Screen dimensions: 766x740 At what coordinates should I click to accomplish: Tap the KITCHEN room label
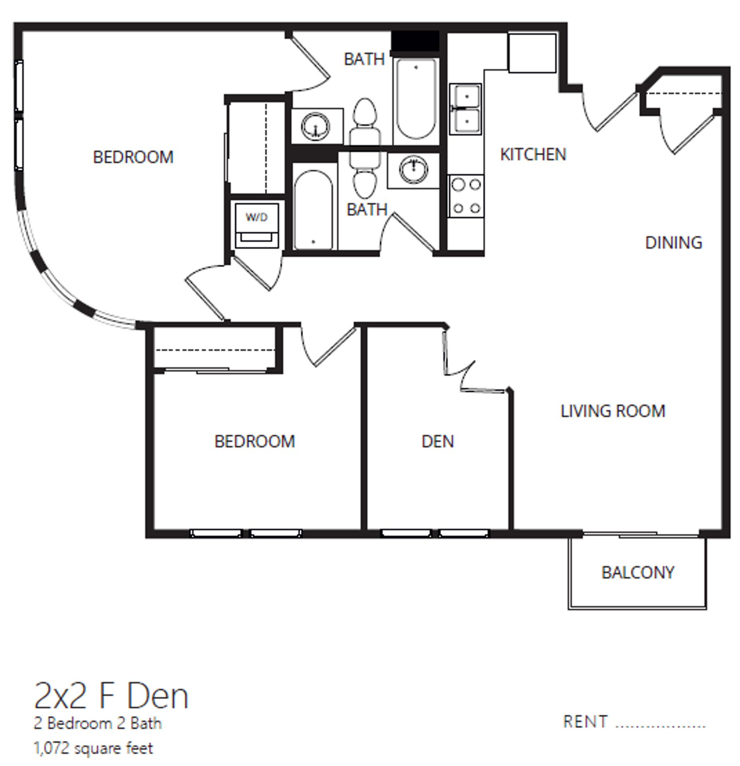[532, 155]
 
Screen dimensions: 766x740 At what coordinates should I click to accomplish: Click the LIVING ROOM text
[612, 411]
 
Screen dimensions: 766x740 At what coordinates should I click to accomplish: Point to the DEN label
[437, 442]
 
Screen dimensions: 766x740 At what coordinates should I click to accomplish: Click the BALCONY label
[637, 573]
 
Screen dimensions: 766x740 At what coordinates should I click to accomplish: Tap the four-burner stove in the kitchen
[466, 196]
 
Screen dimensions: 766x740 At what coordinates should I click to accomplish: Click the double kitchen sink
[465, 109]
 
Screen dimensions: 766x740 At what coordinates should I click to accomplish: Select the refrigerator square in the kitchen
[531, 53]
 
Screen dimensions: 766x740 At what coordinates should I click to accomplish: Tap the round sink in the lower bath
[414, 170]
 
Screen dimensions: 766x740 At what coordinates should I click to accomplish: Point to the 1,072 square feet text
[93, 748]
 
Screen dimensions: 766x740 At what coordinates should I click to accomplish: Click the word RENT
[585, 722]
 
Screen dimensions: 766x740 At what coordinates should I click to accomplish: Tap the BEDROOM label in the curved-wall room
[133, 157]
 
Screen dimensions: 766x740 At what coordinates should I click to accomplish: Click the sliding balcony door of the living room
[640, 534]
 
